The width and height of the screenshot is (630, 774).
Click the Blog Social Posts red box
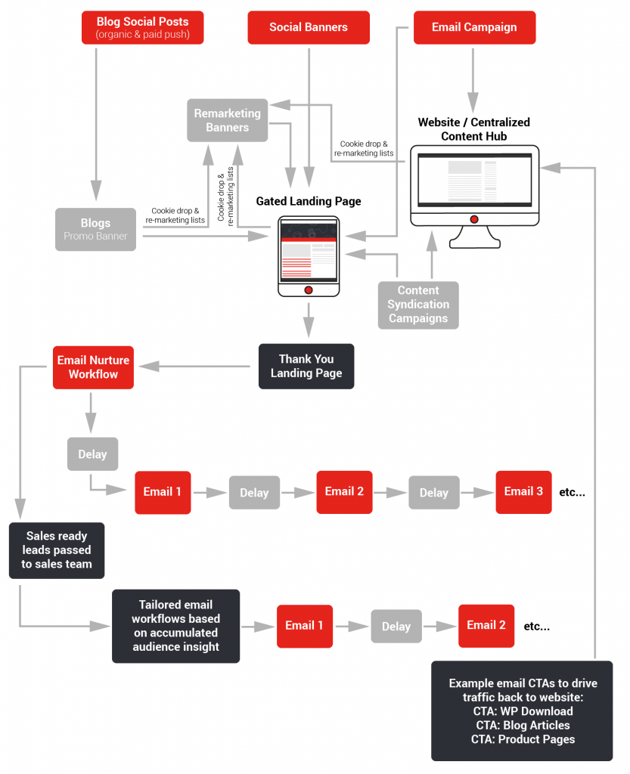click(x=142, y=27)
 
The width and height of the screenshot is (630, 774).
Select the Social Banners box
click(x=309, y=27)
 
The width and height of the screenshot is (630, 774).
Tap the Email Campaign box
click(x=474, y=27)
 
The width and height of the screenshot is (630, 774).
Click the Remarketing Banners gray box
click(x=228, y=120)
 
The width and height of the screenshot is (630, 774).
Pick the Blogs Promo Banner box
click(x=95, y=229)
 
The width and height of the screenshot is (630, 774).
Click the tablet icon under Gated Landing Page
click(x=309, y=256)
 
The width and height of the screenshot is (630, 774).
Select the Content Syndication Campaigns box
click(x=418, y=305)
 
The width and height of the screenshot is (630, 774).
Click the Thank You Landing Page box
click(x=306, y=366)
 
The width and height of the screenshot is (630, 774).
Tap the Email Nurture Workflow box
click(x=93, y=367)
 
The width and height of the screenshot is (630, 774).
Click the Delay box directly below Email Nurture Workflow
click(x=92, y=454)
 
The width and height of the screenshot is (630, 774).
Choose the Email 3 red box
click(x=523, y=491)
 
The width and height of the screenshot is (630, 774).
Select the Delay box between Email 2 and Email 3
click(x=433, y=492)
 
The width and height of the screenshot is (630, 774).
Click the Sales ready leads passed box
click(x=57, y=550)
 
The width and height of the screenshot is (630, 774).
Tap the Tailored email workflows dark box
click(x=175, y=626)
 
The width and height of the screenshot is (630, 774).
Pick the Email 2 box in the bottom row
click(x=486, y=625)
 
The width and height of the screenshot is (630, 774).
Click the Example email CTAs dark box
click(x=522, y=711)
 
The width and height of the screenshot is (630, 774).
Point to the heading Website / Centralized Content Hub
click(x=474, y=128)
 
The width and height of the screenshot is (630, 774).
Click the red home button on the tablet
click(x=309, y=289)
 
